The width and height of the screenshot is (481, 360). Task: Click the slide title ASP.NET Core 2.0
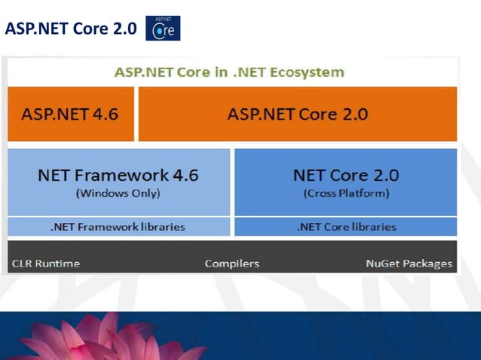70,29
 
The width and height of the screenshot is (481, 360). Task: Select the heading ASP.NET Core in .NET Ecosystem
229,73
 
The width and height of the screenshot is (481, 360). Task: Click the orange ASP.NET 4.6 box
70,114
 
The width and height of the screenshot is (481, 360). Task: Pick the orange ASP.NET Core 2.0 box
298,114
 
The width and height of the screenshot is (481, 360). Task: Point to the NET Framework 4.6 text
118,175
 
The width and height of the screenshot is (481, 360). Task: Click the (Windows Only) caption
118,193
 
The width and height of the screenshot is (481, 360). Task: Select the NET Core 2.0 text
346,175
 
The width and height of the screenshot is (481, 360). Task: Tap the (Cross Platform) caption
346,193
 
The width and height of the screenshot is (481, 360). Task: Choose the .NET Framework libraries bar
118,226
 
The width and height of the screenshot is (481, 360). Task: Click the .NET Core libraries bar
346,226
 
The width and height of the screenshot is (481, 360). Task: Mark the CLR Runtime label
45,264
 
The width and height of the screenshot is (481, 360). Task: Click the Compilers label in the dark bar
232,264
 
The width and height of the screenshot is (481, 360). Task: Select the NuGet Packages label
409,264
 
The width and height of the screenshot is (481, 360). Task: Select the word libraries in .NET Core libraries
372,226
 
